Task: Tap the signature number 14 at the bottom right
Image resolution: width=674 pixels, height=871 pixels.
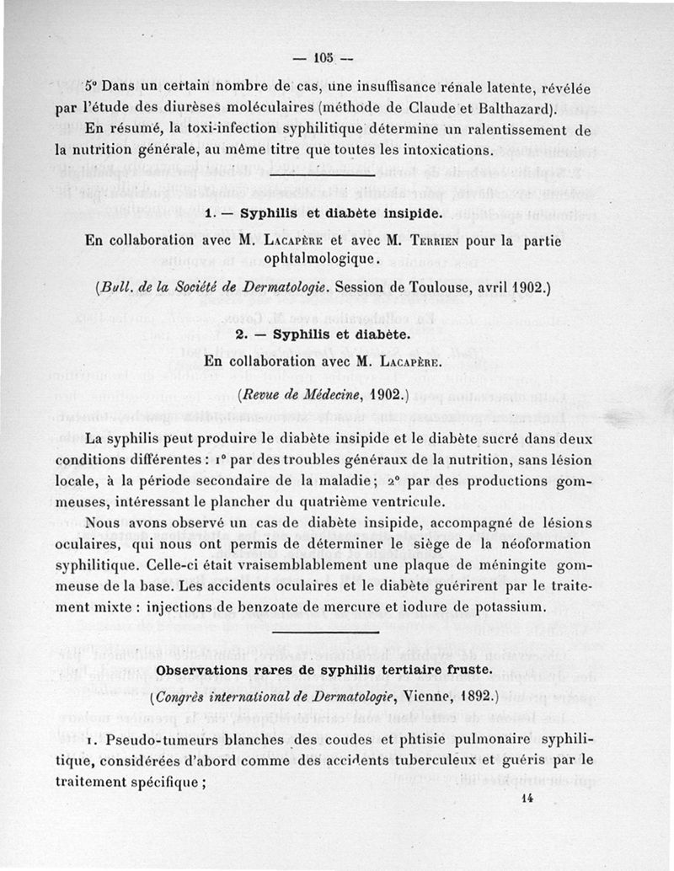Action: click(x=528, y=800)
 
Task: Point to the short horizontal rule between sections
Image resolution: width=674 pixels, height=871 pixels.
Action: click(x=338, y=630)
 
